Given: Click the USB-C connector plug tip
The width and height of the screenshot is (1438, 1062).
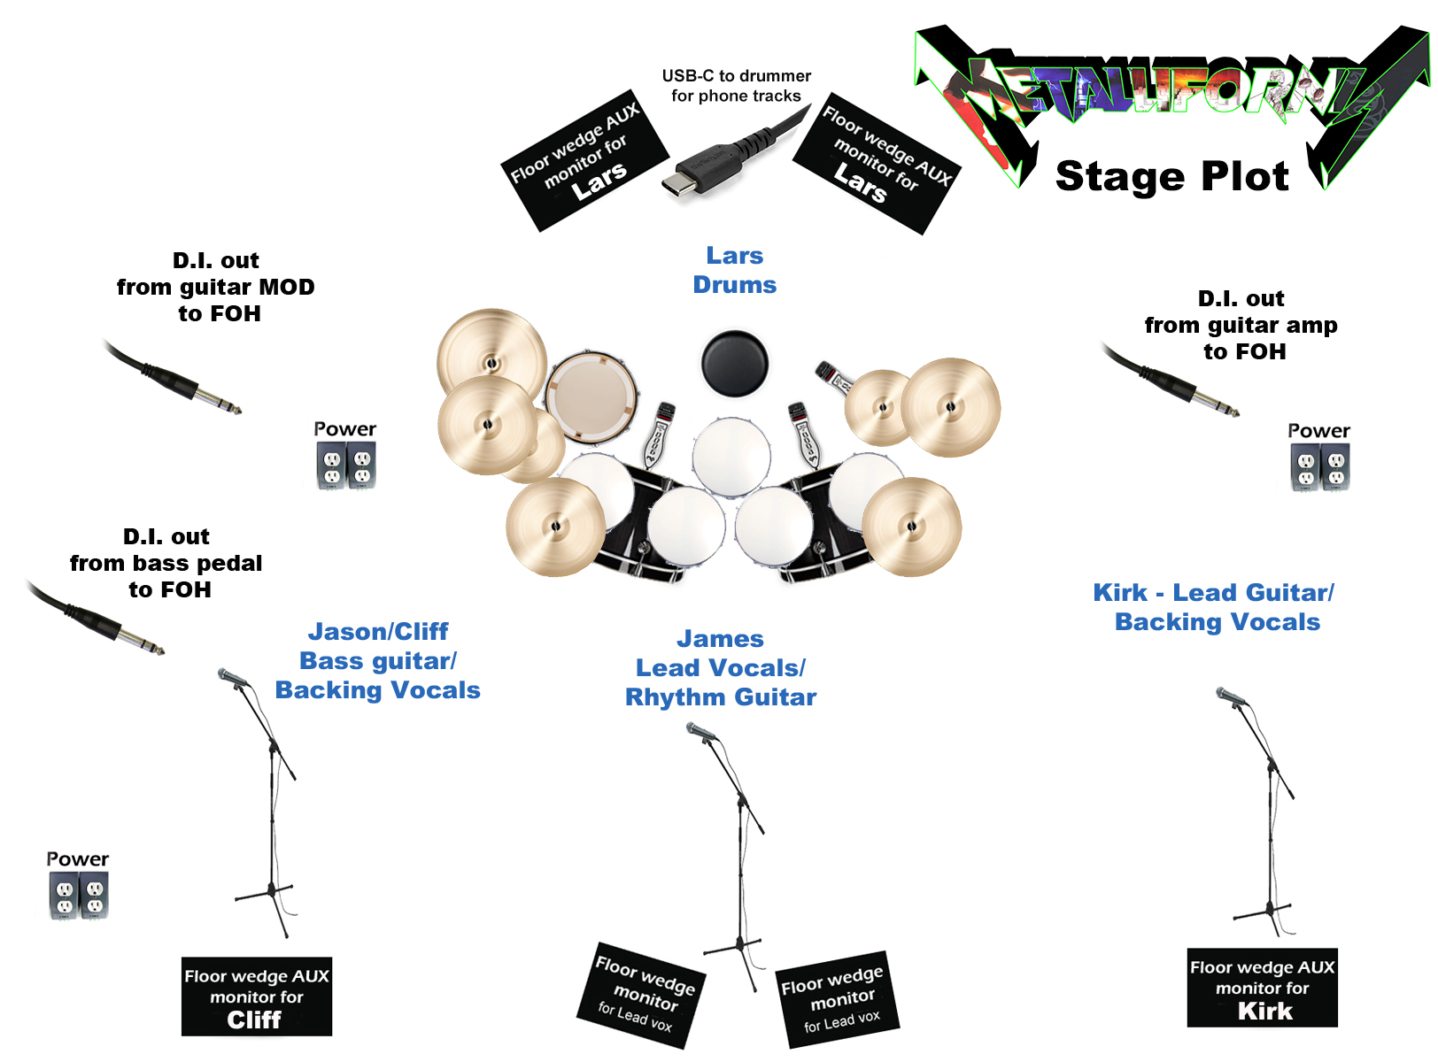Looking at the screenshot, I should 678,185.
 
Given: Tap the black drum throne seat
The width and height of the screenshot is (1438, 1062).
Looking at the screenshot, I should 734,363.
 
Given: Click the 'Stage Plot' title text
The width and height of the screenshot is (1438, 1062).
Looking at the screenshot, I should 1171,176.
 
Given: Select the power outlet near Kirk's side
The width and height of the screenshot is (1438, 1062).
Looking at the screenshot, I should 1320,466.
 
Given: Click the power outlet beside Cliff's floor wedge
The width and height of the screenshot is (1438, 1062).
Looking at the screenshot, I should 79,896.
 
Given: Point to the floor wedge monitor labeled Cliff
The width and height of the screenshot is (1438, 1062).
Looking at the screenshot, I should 257,997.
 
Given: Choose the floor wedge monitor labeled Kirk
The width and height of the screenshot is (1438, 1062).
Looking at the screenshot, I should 1262,989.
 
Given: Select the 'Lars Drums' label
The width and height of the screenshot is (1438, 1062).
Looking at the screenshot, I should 734,270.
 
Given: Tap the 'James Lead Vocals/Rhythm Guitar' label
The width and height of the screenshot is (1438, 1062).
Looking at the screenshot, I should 721,668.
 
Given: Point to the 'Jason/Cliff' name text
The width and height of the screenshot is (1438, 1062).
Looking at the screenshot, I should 378,632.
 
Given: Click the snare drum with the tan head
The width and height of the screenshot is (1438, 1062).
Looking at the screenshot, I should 591,396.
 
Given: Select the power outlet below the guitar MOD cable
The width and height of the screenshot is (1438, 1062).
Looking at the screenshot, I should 346,465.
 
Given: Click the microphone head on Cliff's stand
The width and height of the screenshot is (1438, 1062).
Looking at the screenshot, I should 233,678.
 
